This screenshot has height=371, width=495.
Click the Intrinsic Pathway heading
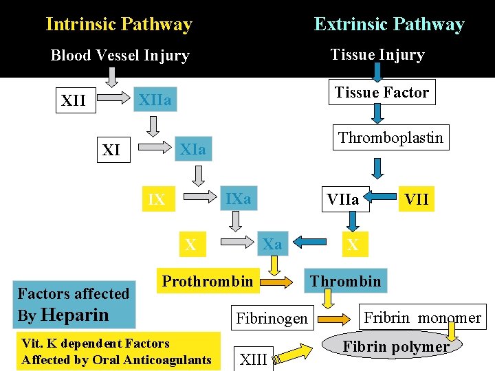[x=119, y=25]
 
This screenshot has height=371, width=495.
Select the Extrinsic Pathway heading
[x=389, y=25]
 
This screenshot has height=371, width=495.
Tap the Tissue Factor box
[x=382, y=92]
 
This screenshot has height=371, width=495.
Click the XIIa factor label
[x=155, y=101]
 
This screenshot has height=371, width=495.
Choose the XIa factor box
[x=192, y=149]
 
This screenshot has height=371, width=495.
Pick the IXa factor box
[x=239, y=199]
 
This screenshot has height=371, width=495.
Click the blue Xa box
[x=272, y=244]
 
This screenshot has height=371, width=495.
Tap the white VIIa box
[x=343, y=199]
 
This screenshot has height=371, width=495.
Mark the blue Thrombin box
[x=345, y=281]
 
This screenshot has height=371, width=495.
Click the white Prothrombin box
[x=208, y=281]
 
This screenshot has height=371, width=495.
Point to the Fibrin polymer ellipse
[x=396, y=346]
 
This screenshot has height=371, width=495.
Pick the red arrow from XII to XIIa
[x=112, y=100]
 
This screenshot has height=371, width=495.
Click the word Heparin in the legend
[x=75, y=315]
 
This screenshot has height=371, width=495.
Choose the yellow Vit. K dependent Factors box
[x=117, y=351]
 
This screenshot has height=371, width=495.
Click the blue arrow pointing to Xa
[x=309, y=241]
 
